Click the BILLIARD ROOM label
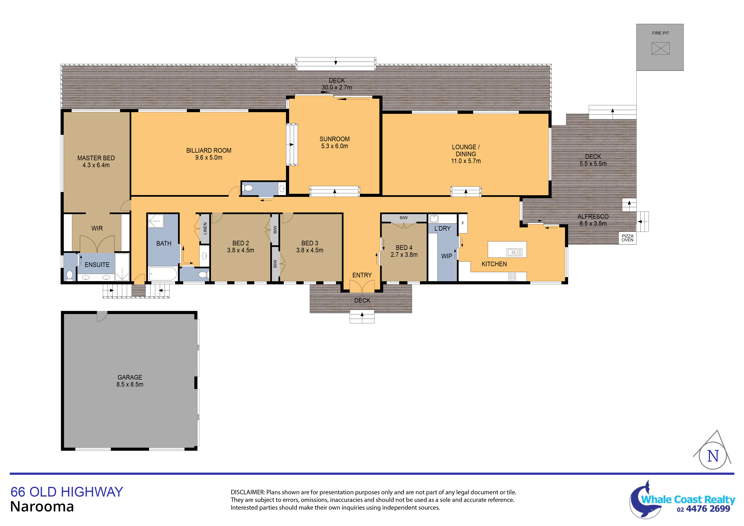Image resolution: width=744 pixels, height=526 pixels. [209, 150]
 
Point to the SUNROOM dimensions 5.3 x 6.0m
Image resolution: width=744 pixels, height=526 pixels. [334, 146]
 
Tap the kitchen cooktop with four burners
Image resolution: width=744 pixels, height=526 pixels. [512, 276]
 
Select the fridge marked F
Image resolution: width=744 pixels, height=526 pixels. [463, 223]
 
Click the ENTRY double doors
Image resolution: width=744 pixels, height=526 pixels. [362, 286]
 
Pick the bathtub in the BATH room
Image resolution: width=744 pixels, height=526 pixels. [163, 274]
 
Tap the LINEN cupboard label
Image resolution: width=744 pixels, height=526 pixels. [205, 229]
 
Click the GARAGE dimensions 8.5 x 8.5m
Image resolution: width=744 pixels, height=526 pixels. [130, 384]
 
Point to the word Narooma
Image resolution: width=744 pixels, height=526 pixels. [42, 507]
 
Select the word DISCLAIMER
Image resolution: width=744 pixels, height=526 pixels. [248, 492]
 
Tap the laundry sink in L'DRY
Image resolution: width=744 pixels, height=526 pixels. [434, 219]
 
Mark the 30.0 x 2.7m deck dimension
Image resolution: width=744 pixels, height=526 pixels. [337, 87]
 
